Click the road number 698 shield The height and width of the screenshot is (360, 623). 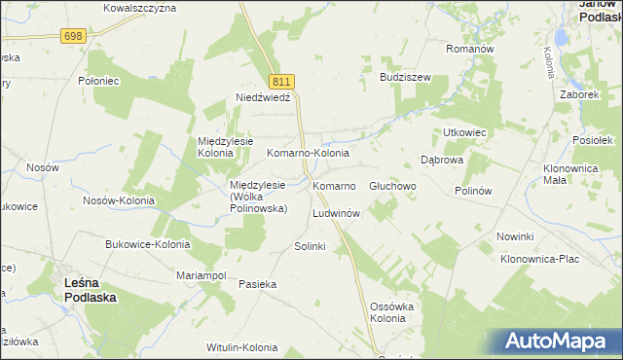coord(73,36)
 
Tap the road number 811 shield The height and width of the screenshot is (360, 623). coord(282,83)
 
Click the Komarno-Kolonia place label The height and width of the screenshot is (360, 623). coord(308,154)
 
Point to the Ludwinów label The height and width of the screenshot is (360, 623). coord(337,213)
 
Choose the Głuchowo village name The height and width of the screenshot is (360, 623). coord(393,185)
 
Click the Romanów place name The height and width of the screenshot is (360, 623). coord(470,49)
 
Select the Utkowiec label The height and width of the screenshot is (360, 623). coord(464,131)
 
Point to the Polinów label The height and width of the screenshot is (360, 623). coord(476,191)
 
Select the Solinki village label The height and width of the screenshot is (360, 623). coord(310,247)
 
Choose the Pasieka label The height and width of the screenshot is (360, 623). coord(258,284)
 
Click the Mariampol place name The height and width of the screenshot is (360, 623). coord(201,276)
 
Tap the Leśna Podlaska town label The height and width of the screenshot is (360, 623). coord(92,291)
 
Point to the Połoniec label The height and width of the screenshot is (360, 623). coord(98,82)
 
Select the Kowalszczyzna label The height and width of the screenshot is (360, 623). coord(139,8)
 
